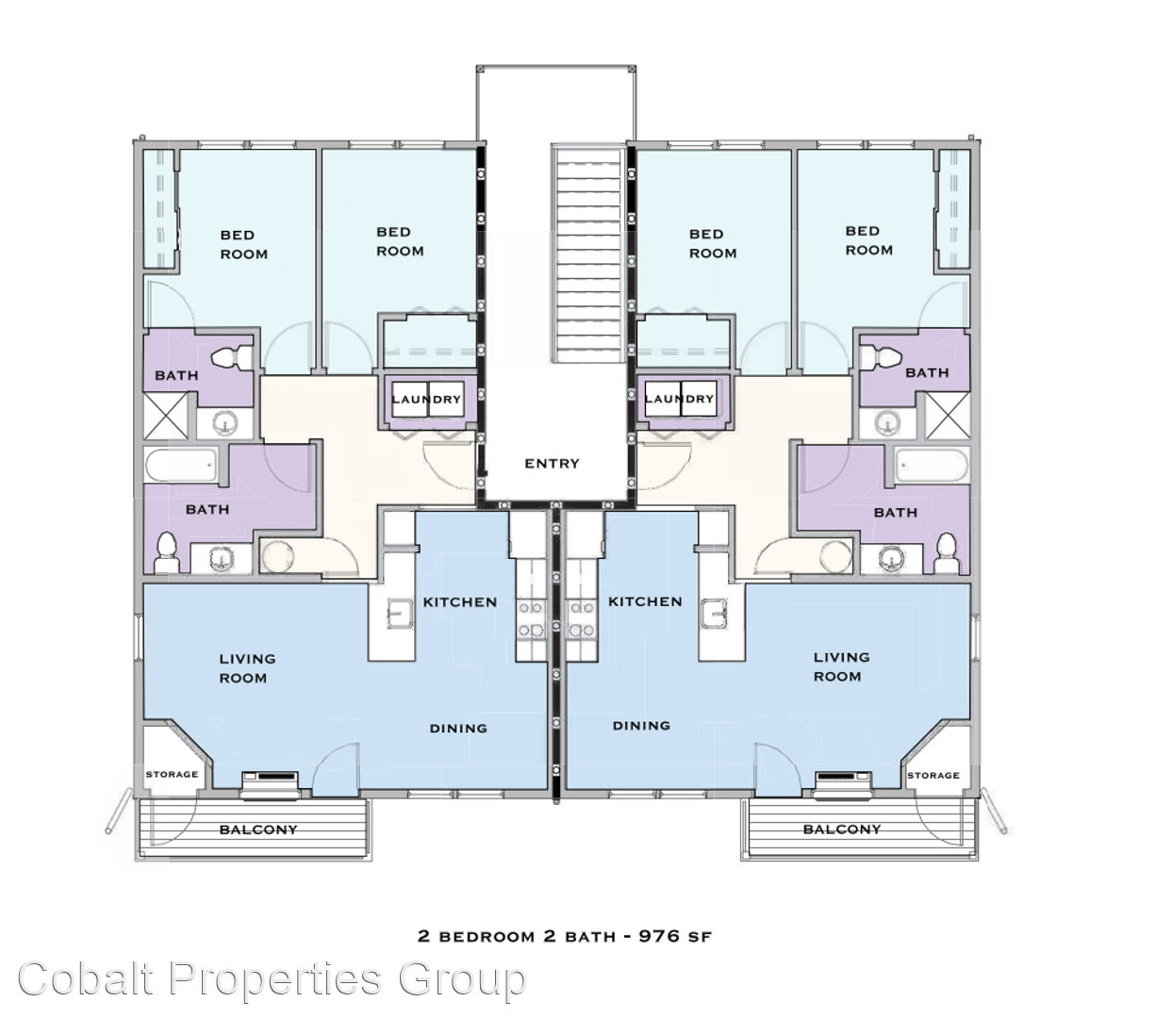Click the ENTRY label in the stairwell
coord(552,464)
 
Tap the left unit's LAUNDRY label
coord(427,400)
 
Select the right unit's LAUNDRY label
coord(679,399)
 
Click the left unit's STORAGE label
coord(172,775)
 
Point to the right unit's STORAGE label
coord(933,775)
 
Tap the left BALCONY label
coord(258,829)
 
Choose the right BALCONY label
coord(842,829)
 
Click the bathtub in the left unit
coord(182,466)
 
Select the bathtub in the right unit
coord(933,466)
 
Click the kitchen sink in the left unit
coord(400,614)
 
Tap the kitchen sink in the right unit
coord(714,614)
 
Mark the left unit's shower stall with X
coord(165,416)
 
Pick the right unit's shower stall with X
coord(948,416)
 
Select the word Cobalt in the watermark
coord(86,978)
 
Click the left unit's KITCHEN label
coord(460,602)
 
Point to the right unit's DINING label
coord(641,726)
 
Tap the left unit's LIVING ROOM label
coord(247,668)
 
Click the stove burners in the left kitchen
coord(530,619)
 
